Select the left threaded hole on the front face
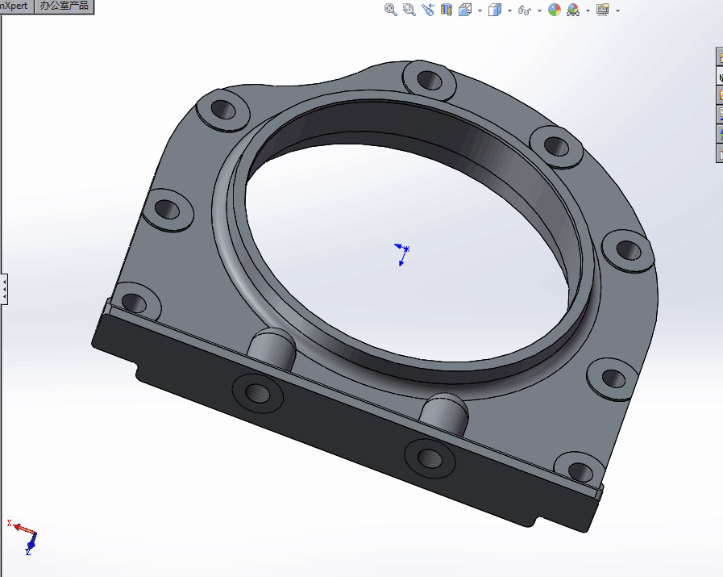pyautogui.click(x=258, y=393)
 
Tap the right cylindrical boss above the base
pyautogui.click(x=445, y=412)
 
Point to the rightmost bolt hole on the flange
pyautogui.click(x=629, y=249)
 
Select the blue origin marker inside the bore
pyautogui.click(x=402, y=253)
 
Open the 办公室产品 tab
pyautogui.click(x=64, y=6)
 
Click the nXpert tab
pyautogui.click(x=15, y=6)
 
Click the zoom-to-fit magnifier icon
pyautogui.click(x=391, y=10)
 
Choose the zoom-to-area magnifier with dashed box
pyautogui.click(x=409, y=10)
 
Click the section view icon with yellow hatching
pyautogui.click(x=447, y=10)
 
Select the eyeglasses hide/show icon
pyautogui.click(x=525, y=10)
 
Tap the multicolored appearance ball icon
pyautogui.click(x=555, y=10)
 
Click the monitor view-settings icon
pyautogui.click(x=602, y=10)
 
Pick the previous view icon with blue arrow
pyautogui.click(x=427, y=10)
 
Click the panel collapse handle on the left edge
pyautogui.click(x=4, y=288)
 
